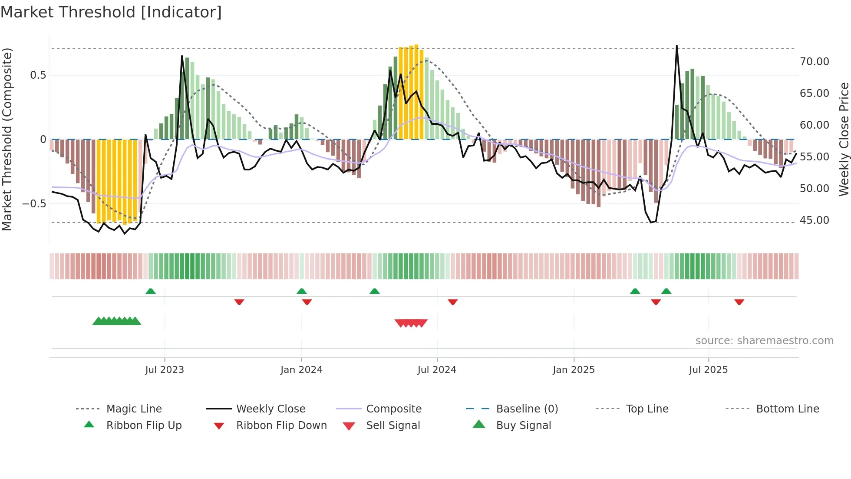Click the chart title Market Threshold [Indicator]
coord(111,12)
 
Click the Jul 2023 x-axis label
coord(165,370)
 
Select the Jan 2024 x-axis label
coord(301,370)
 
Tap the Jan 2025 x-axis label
coord(574,370)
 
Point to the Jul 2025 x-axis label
coord(708,370)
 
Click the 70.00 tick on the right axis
coord(815,62)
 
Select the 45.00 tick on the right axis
coord(815,220)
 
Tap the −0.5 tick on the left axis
coord(34,204)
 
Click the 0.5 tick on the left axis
coord(38,75)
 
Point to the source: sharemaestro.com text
coord(764,341)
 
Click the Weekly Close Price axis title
coord(844,139)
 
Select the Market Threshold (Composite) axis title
coord(7,139)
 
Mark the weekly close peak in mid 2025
coord(676,47)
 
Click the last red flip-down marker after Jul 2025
coord(739,302)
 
